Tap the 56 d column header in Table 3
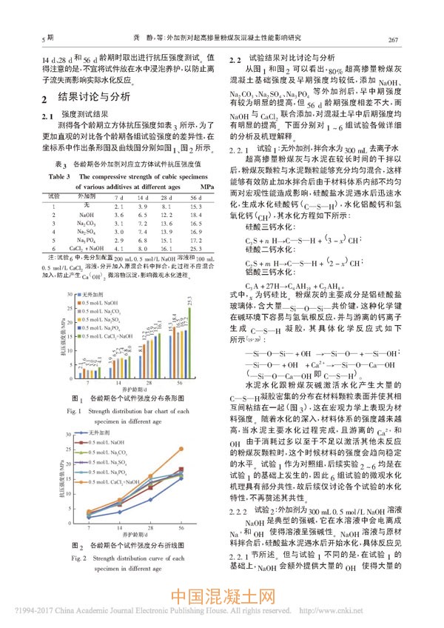(195, 198)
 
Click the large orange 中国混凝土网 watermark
(223, 596)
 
